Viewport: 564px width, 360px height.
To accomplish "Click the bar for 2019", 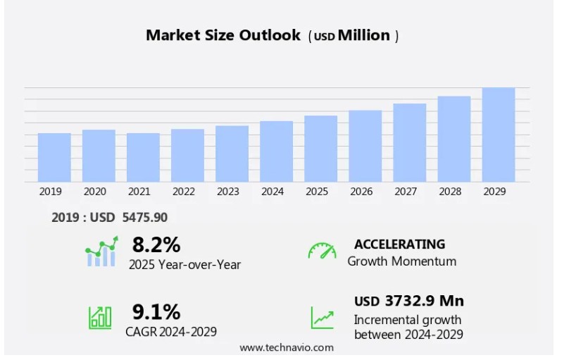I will (54, 157).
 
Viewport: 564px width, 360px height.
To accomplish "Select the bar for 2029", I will (499, 135).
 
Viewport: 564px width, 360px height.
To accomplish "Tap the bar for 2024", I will (276, 151).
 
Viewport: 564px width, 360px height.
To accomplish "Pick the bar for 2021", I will (143, 157).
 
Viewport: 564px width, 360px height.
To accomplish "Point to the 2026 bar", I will (365, 146).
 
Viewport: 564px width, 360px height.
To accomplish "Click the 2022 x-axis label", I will (183, 192).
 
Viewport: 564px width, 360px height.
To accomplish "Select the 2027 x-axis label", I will (409, 192).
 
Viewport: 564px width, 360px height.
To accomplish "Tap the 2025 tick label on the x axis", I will (317, 192).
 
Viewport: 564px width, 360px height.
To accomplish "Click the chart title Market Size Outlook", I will (223, 35).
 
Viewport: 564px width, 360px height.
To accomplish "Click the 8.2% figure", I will (156, 244).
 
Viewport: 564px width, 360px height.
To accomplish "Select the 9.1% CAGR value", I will (156, 311).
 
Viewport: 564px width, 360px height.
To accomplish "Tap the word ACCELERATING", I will (399, 244).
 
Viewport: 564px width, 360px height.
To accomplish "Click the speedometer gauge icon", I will (322, 251).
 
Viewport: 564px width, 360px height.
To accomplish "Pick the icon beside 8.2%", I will (101, 252).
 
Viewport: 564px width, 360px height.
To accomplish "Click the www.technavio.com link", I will (287, 347).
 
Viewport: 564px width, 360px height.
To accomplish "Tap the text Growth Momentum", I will (401, 261).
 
